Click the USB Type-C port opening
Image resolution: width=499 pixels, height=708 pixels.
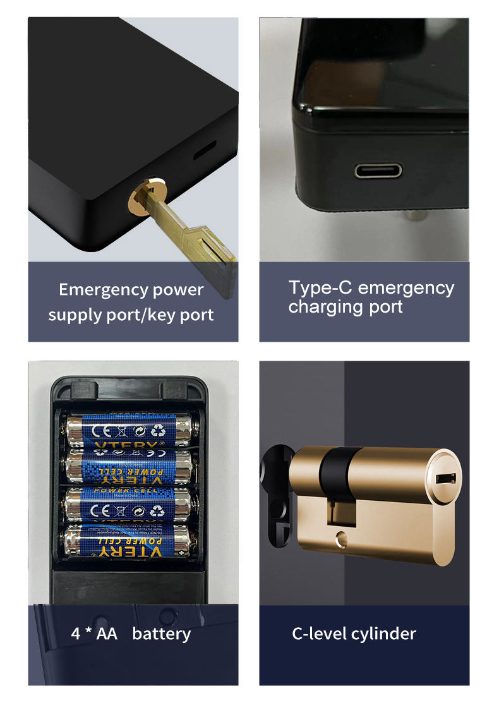378,171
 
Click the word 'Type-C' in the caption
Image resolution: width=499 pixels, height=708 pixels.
316,288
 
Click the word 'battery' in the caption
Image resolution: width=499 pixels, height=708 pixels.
161,633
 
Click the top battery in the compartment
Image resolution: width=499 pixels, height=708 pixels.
129,429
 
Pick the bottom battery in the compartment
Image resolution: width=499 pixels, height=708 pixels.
129,541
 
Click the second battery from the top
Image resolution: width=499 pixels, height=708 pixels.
129,467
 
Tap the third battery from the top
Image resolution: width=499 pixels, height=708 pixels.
129,504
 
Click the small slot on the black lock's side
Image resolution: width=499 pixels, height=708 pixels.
203,151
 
